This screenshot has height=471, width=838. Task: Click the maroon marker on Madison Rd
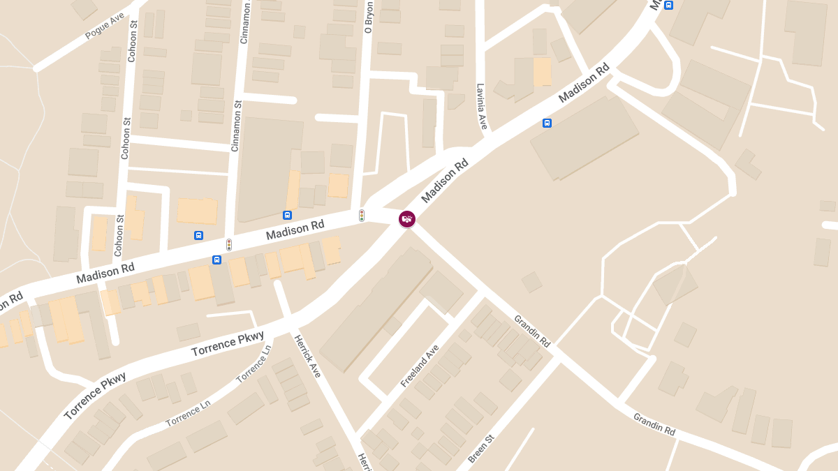click(x=406, y=219)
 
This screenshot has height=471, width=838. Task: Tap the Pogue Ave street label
click(x=104, y=27)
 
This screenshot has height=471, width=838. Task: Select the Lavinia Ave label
click(x=481, y=106)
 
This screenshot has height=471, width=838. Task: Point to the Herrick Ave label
click(x=307, y=356)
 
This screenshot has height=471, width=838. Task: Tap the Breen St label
click(x=481, y=449)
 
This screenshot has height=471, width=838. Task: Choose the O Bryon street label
click(x=369, y=17)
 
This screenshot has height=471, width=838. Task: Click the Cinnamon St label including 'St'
click(x=235, y=126)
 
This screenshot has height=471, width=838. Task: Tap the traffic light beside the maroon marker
click(x=362, y=216)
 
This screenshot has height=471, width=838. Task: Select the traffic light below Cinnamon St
click(x=228, y=245)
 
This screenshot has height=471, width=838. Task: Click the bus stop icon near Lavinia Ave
click(x=547, y=124)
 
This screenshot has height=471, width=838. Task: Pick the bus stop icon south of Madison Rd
click(x=216, y=260)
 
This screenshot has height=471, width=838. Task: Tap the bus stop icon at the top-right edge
click(x=668, y=5)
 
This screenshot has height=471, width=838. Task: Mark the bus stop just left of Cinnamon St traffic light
click(x=199, y=236)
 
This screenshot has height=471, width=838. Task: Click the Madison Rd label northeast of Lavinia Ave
click(x=585, y=83)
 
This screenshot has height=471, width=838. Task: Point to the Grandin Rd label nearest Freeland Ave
click(x=532, y=331)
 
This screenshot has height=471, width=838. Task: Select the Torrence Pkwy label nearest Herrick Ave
click(x=228, y=344)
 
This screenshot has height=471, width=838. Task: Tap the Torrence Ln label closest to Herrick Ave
click(x=253, y=364)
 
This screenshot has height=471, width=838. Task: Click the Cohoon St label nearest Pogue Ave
click(x=132, y=42)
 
